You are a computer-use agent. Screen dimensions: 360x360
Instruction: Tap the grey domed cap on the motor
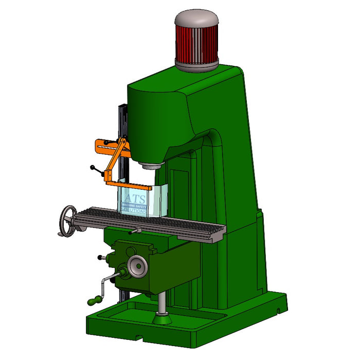[196, 19]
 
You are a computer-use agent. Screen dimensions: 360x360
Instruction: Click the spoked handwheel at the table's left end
[67, 221]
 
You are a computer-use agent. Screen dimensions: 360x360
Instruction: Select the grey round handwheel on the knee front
[136, 265]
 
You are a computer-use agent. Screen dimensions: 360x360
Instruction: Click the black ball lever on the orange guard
[93, 167]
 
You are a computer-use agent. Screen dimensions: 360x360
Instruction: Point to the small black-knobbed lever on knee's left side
[101, 257]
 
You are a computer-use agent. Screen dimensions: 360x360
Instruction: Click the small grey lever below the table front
[134, 231]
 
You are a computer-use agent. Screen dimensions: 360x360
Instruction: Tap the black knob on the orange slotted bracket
[106, 142]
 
